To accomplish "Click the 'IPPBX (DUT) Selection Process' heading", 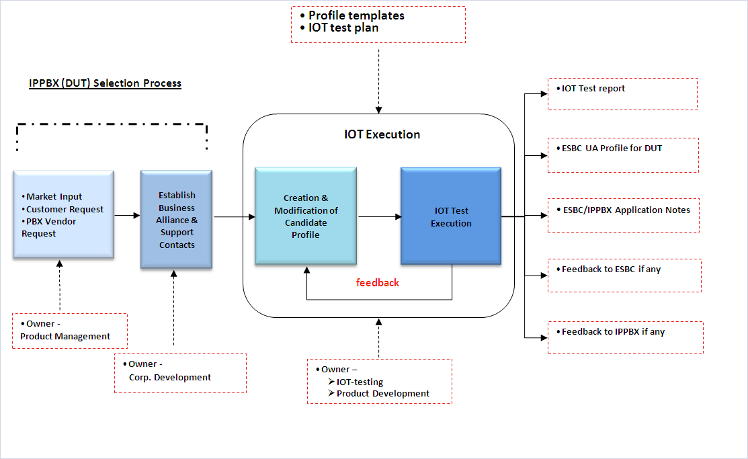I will [x=105, y=83].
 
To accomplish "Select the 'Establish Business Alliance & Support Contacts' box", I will [x=177, y=220].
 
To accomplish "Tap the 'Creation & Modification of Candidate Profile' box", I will [x=306, y=216].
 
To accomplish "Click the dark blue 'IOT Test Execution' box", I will [x=451, y=216].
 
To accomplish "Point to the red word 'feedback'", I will [x=378, y=283].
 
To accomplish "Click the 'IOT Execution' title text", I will [x=382, y=134].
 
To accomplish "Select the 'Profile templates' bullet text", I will [x=356, y=15].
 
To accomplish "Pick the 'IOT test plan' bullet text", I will [x=343, y=28].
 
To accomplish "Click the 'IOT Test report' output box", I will [x=622, y=93].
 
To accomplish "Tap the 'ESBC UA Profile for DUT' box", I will [x=622, y=154].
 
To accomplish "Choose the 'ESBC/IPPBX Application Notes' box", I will [x=624, y=215].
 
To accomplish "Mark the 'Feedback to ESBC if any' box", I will [x=624, y=275].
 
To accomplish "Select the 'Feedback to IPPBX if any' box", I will [x=626, y=337].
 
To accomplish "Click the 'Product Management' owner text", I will [x=65, y=336].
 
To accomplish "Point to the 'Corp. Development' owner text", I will [x=170, y=377].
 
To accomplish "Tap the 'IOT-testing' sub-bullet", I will [x=360, y=382].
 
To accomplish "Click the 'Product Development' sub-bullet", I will [x=382, y=393].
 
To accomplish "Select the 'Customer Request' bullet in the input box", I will [x=65, y=209].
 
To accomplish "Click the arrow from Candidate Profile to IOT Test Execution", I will [x=379, y=216].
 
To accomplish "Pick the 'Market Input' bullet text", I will [x=54, y=196].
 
